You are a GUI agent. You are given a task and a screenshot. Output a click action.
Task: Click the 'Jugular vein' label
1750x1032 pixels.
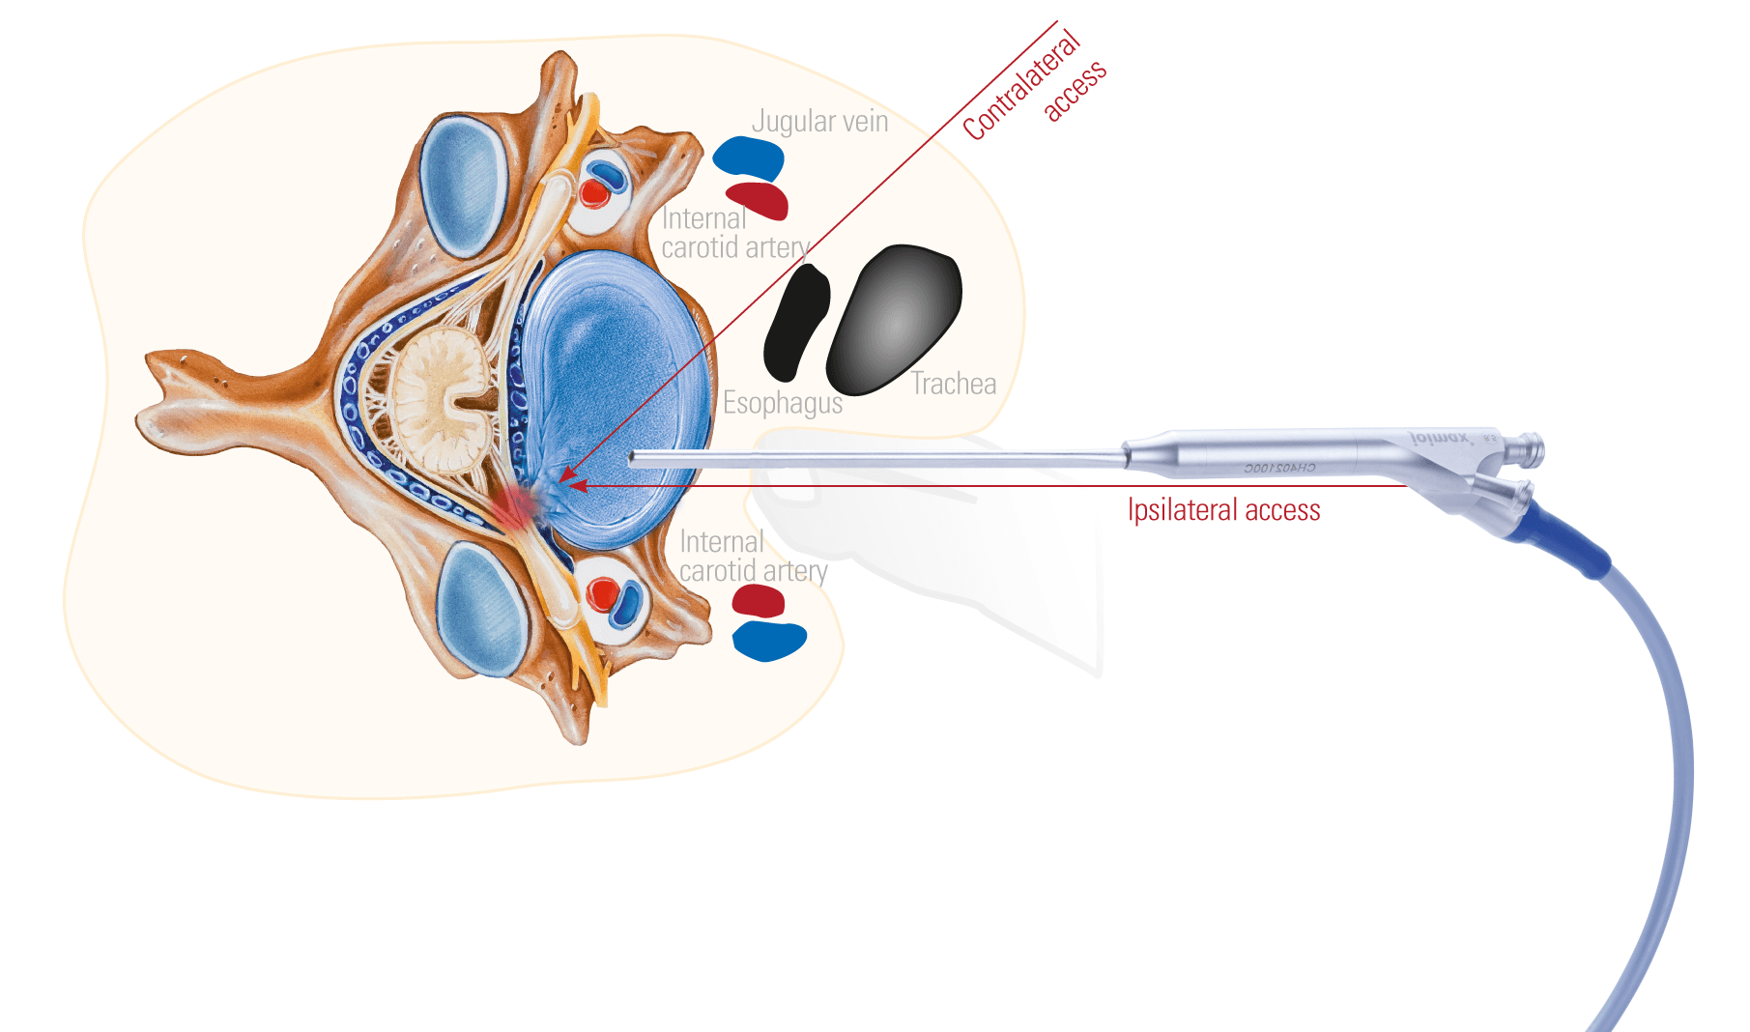[819, 122]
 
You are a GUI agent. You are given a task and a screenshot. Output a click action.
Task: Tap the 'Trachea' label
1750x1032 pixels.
[953, 384]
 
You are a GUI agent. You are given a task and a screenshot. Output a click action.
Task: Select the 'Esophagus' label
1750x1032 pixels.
[783, 402]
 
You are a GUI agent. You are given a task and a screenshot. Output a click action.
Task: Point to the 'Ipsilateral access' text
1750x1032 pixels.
[1223, 509]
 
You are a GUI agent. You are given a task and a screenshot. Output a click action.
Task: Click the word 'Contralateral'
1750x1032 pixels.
[1020, 85]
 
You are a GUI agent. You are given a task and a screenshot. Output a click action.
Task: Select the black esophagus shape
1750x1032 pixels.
[797, 324]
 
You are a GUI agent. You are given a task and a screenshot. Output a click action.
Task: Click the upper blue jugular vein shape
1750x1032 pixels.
[748, 158]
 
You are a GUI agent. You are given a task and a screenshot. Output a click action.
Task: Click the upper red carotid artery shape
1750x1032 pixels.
[758, 200]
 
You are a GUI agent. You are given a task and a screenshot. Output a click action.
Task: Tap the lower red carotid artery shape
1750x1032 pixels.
[758, 601]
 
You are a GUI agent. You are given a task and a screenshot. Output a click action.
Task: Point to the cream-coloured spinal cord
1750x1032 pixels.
[440, 401]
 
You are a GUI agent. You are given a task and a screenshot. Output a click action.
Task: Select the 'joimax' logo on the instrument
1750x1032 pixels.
[1440, 439]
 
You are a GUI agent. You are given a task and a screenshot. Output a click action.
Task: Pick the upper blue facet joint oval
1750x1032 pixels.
[464, 186]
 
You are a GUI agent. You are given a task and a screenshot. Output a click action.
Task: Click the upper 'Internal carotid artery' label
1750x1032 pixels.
[734, 233]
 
